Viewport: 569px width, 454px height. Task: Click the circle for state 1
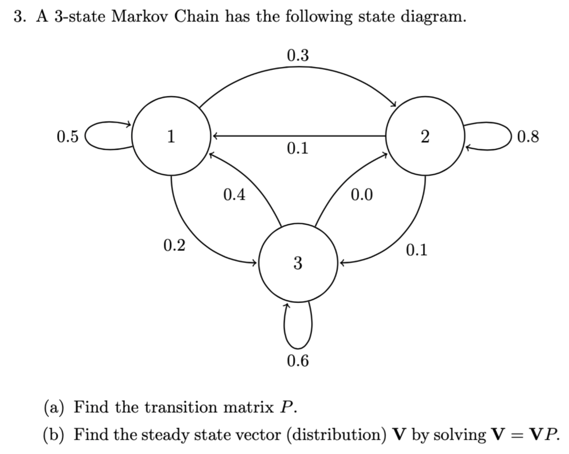coord(171,135)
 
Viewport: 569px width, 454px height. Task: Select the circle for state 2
coord(425,136)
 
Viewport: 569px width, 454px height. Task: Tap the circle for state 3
coord(298,262)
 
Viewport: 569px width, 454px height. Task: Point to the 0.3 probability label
coord(298,56)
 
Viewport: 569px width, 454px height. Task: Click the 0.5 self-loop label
coord(68,136)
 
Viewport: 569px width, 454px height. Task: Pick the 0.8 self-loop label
coord(527,136)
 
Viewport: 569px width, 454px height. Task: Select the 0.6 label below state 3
coord(298,361)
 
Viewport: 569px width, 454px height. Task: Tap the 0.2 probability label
coord(175,245)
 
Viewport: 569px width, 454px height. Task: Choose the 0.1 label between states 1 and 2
coord(298,149)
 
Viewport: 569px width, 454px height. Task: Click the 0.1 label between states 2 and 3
coord(417,251)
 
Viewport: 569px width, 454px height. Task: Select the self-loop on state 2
coord(489,136)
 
